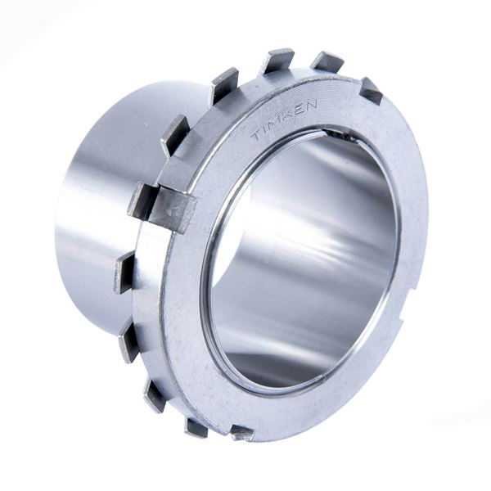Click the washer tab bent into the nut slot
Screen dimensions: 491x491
pyautogui.click(x=168, y=207)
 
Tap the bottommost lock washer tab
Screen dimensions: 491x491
pyautogui.click(x=241, y=431)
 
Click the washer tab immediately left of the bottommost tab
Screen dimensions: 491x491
pyautogui.click(x=196, y=426)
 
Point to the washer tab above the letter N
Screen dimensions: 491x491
pyautogui.click(x=327, y=61)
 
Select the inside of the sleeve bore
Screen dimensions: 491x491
pyautogui.click(x=303, y=262)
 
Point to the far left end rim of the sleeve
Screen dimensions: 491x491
pyautogui.click(x=60, y=229)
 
